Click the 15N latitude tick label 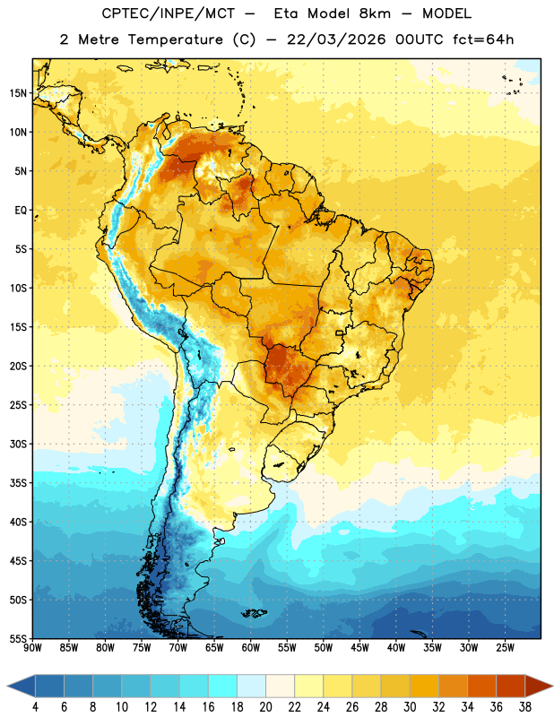coord(18,93)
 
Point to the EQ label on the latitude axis coord(21,211)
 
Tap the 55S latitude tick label coord(18,638)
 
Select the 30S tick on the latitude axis coord(18,444)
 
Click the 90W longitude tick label coord(33,648)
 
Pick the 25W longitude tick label coord(505,648)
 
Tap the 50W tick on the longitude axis coord(324,648)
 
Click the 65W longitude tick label coord(214,648)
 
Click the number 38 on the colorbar coord(525,707)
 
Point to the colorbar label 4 coord(36,707)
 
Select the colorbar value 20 coord(265,707)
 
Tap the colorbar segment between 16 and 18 coord(223,686)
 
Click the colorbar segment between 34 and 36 coord(482,686)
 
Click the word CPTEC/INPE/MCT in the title coord(169,13)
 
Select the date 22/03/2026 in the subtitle coord(336,39)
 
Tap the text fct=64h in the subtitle coord(483,39)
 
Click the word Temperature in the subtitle coord(176,39)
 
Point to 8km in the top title coord(375,13)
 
